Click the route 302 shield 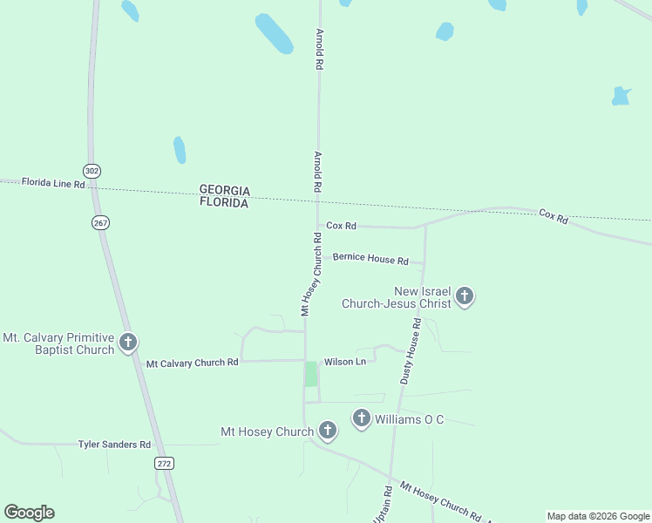[92, 169]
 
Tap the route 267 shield [100, 223]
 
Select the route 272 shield [164, 464]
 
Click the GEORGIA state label [225, 190]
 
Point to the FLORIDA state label [224, 202]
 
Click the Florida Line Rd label [53, 183]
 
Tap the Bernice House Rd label [370, 260]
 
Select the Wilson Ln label [344, 361]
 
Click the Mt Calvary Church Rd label [192, 363]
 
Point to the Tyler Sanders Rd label [114, 445]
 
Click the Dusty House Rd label [411, 350]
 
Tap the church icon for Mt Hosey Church [328, 431]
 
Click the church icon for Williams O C [362, 419]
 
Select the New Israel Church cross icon [465, 296]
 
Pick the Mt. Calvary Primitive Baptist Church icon [128, 343]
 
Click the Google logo [29, 513]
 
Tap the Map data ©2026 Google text [599, 516]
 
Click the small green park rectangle [311, 374]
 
